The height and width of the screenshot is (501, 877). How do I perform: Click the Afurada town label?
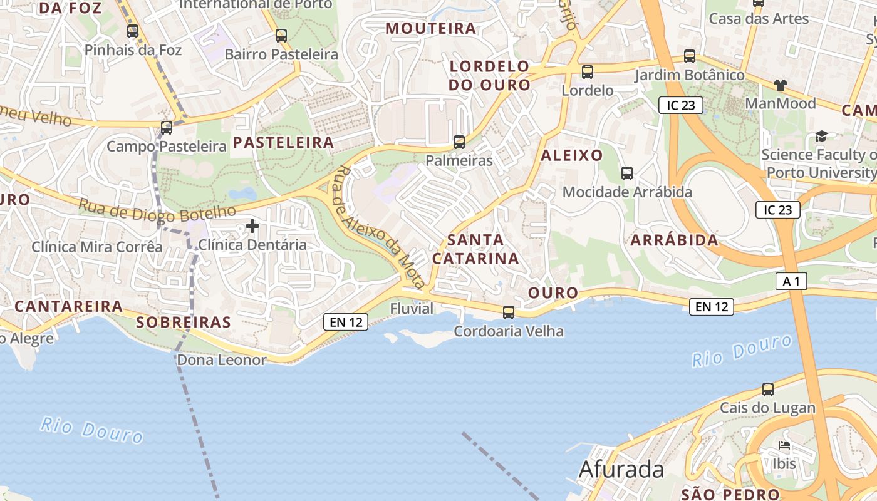pos(621,469)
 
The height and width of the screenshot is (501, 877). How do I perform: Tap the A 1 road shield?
pos(791,282)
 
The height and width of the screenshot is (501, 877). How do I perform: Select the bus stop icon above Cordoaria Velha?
pos(509,312)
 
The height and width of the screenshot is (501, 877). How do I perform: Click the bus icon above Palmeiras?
pos(459,142)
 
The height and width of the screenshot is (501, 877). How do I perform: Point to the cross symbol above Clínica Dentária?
pos(252,225)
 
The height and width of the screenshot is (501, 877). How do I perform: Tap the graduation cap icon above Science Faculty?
pos(821,136)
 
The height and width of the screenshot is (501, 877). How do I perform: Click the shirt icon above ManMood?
pos(780,85)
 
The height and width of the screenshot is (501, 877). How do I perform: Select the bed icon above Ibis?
pos(784,446)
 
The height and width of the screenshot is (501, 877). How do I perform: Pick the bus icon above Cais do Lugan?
pos(768,389)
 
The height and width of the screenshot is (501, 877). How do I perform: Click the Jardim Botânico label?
pos(690,75)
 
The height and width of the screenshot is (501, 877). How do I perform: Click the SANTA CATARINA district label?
pos(476,249)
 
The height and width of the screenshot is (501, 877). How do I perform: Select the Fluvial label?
pos(412,309)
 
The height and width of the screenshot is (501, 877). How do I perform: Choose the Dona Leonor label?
pos(222,360)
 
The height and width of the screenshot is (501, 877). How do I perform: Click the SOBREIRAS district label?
pos(184,323)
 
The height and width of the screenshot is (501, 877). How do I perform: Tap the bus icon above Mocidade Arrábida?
pos(627,173)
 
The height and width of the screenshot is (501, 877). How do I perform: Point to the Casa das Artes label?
pos(759,19)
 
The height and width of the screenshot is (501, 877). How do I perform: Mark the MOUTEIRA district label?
pos(431,28)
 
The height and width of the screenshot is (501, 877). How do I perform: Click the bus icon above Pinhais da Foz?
pos(133,31)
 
